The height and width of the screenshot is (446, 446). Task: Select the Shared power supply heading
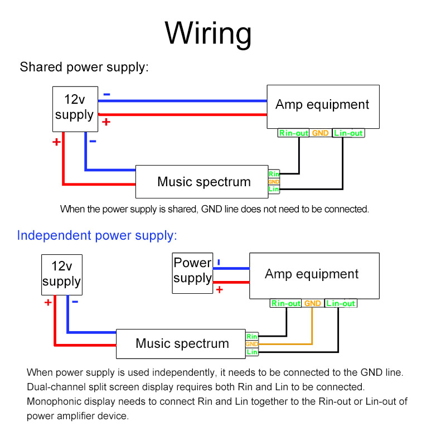click(84, 67)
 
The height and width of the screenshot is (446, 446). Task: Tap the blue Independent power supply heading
click(96, 235)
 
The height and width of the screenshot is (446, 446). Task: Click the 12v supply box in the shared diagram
click(75, 108)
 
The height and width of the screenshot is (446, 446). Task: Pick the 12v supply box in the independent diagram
click(61, 274)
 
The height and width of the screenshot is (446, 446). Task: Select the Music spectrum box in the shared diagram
click(202, 182)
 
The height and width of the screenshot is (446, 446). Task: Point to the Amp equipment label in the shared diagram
click(322, 105)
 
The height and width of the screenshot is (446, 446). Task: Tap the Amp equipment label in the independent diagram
click(312, 274)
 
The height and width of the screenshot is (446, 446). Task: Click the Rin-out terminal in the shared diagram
click(294, 133)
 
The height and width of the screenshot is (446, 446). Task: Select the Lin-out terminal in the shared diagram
click(348, 133)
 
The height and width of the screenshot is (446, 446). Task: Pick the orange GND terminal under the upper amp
click(321, 133)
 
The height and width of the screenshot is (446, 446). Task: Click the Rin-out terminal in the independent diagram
click(286, 304)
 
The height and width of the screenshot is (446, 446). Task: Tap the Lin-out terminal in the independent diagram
click(341, 304)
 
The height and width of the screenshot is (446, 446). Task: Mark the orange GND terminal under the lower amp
click(313, 304)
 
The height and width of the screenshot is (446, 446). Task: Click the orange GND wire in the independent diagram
click(312, 329)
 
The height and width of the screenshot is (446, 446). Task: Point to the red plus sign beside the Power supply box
click(219, 290)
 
